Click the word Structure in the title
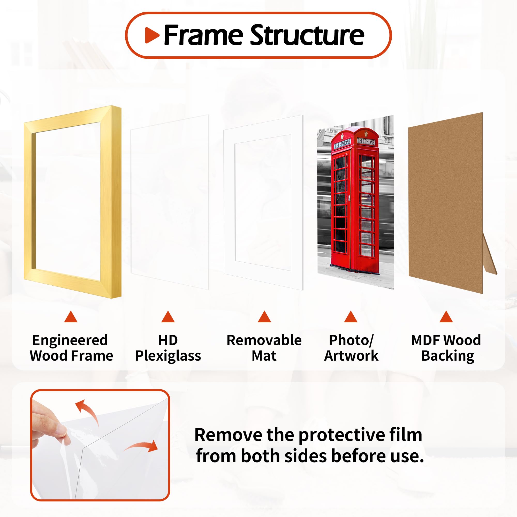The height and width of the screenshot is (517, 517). point(307,35)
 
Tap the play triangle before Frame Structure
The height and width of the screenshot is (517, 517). point(151,35)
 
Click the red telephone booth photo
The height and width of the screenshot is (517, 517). point(355,201)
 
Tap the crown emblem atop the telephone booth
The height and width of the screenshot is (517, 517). point(366,133)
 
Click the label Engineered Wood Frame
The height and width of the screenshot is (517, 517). point(71,348)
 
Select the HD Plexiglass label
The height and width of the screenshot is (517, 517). point(168,348)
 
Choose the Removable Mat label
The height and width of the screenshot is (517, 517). point(264,348)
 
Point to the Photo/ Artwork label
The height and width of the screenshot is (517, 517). point(351,348)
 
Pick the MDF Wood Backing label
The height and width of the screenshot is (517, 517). point(446,348)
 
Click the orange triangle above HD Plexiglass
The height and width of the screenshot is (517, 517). point(168,317)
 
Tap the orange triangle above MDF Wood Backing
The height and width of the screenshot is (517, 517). point(446,317)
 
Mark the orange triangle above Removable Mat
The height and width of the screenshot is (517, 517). point(264,317)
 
